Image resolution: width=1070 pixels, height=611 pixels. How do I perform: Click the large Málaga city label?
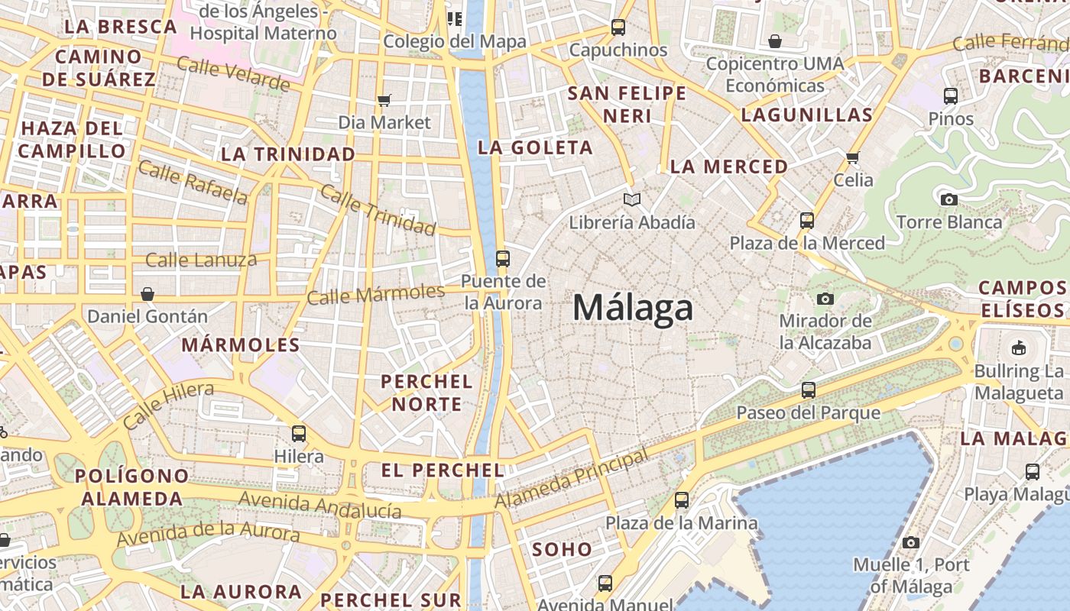click(633, 308)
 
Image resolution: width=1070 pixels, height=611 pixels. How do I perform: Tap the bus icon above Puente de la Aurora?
click(502, 259)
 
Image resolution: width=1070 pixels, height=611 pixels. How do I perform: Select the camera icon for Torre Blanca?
click(948, 200)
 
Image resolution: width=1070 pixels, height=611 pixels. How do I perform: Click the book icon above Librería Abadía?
click(631, 200)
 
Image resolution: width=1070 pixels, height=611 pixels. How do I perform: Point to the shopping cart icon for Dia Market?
click(384, 100)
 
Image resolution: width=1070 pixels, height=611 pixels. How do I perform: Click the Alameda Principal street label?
click(572, 479)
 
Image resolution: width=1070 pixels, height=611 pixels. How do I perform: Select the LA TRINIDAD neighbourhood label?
click(288, 154)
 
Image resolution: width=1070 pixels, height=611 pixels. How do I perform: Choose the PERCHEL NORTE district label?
click(426, 393)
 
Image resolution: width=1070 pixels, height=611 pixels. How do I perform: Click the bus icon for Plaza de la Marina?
click(681, 501)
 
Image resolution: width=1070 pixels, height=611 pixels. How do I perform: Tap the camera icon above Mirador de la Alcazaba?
click(825, 299)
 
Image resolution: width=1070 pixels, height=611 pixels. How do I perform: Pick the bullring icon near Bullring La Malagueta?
click(1018, 348)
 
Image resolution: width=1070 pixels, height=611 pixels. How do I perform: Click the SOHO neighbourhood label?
click(562, 549)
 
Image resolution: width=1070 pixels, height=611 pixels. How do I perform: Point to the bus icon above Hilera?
click(299, 434)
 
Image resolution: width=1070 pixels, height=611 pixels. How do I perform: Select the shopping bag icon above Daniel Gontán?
click(148, 294)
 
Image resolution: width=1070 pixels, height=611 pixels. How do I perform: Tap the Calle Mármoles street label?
click(375, 293)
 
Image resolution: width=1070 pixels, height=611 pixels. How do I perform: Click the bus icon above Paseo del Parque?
click(808, 390)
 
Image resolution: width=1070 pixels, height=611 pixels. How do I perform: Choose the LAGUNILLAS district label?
click(806, 115)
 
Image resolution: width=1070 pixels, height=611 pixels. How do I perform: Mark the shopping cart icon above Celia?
click(853, 157)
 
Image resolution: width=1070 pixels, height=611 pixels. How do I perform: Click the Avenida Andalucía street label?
click(320, 506)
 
